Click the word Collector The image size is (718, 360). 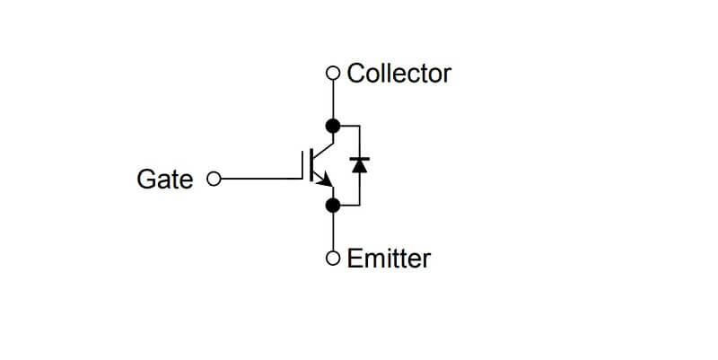[398, 73]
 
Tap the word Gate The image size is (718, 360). [164, 180]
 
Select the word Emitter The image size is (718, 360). [389, 259]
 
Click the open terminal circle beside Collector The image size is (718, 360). [333, 73]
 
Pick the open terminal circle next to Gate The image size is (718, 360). [214, 180]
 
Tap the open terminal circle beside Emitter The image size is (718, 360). [333, 259]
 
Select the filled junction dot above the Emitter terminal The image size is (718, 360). [333, 206]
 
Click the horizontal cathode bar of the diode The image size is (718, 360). [360, 158]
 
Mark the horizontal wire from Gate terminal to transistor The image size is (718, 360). [260, 180]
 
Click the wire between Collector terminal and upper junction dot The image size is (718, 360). [333, 99]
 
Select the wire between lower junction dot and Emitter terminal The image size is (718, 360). [333, 233]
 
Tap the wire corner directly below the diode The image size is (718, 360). [360, 206]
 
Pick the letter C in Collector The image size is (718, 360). [355, 73]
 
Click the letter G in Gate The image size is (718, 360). [144, 180]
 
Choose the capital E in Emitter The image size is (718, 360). [353, 259]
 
